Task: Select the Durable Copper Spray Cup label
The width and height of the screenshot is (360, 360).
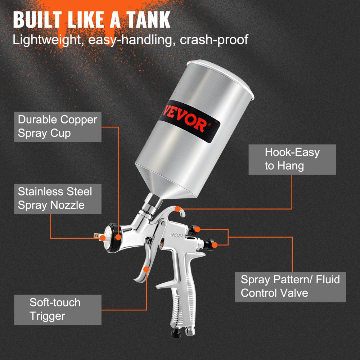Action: coord(58,126)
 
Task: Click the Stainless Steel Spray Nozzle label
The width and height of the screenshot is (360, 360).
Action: coord(55,198)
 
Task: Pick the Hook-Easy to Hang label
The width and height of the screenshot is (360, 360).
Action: coord(292,159)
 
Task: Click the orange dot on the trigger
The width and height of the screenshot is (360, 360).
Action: coord(146,269)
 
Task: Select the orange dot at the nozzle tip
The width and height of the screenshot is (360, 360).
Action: coord(103,238)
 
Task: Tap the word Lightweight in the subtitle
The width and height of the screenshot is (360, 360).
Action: coord(45,39)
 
